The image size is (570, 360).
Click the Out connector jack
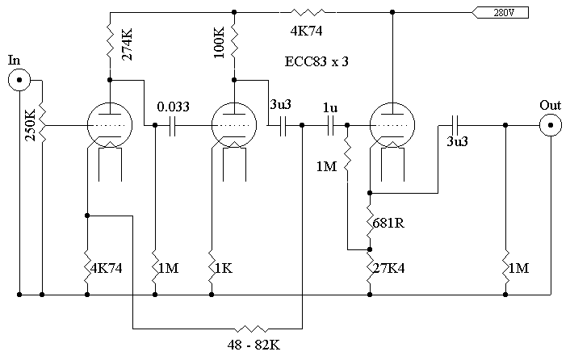[x=551, y=125]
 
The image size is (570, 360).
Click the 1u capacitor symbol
[x=329, y=125]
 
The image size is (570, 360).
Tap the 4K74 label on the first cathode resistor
[x=107, y=267]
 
